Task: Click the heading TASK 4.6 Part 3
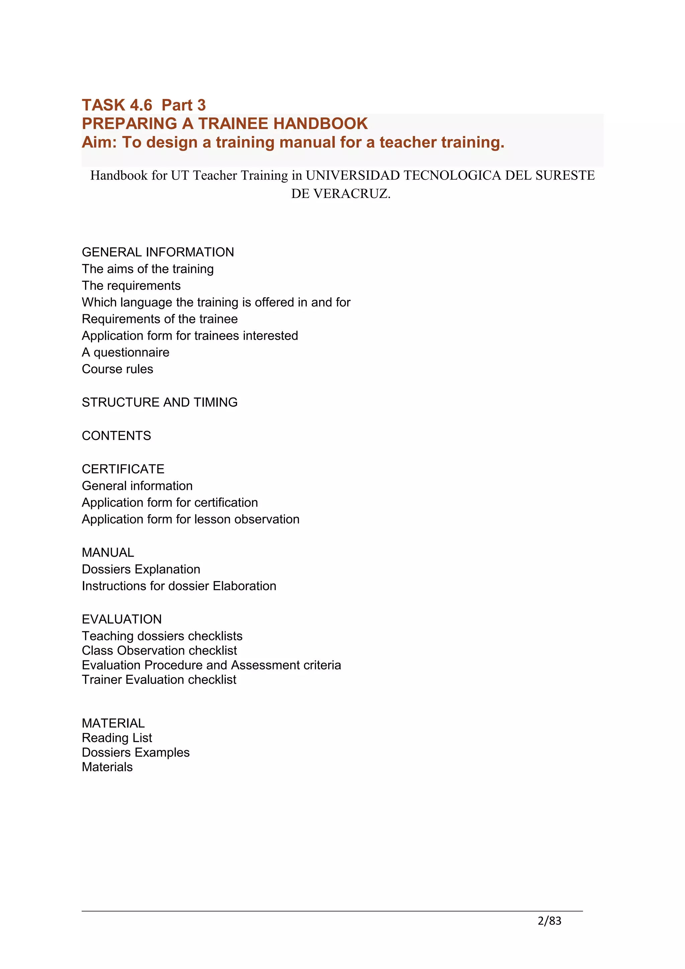(x=143, y=105)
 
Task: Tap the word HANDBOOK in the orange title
(x=320, y=124)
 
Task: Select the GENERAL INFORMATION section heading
(x=158, y=252)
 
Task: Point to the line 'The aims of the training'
(x=148, y=269)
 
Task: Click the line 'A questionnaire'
(x=125, y=352)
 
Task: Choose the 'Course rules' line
(x=117, y=369)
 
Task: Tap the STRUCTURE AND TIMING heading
(x=160, y=402)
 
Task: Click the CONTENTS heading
(x=116, y=436)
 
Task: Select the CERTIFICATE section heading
(x=123, y=469)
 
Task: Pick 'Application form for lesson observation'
(x=190, y=519)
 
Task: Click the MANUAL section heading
(x=108, y=552)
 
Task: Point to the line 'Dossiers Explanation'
(x=141, y=569)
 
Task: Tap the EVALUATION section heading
(x=121, y=619)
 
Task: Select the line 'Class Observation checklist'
(x=159, y=650)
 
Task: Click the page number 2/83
(x=549, y=921)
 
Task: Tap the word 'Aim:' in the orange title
(x=99, y=142)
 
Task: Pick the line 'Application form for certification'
(x=170, y=502)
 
